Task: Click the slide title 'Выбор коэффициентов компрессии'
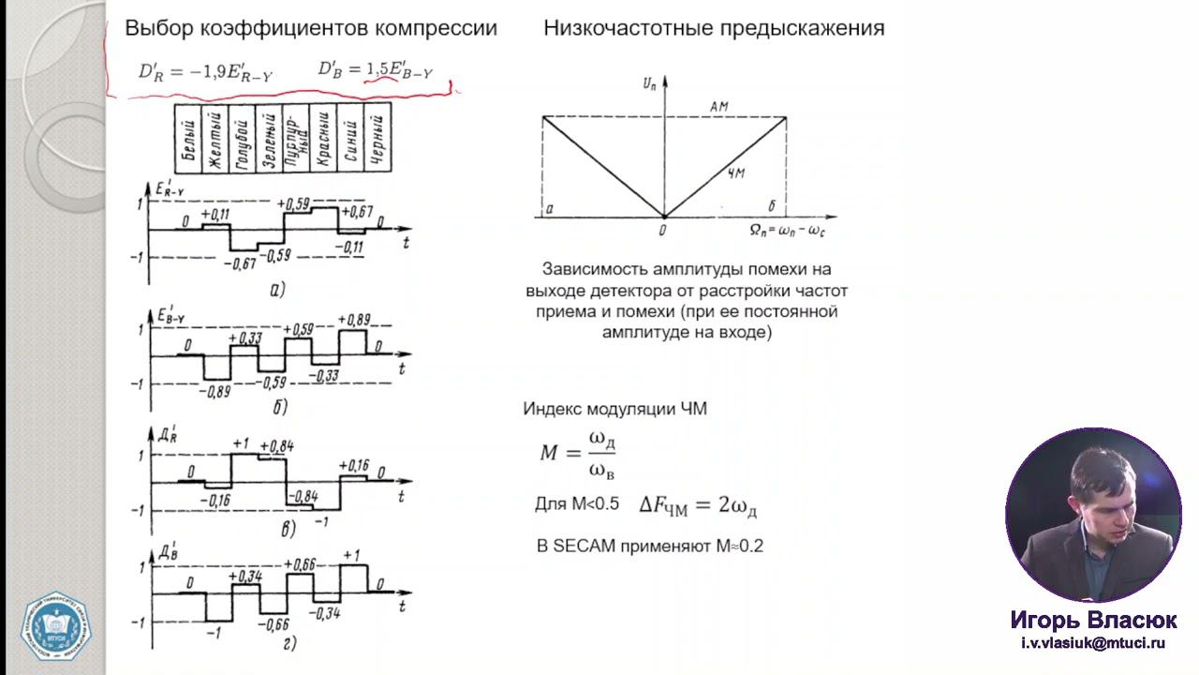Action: tap(311, 28)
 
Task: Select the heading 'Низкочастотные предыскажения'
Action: tap(714, 28)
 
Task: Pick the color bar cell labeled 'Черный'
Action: tap(377, 139)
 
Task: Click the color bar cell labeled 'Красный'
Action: tap(323, 139)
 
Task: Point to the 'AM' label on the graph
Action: tap(719, 107)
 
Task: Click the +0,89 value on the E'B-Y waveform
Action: tap(356, 321)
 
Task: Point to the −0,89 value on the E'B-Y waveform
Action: tap(215, 391)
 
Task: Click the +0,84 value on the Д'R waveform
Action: tap(276, 446)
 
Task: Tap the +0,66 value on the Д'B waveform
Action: tap(302, 564)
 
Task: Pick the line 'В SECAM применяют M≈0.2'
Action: tap(650, 546)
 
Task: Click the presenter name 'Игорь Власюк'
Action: tap(1093, 621)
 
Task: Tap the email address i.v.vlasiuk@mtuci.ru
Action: tap(1093, 643)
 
